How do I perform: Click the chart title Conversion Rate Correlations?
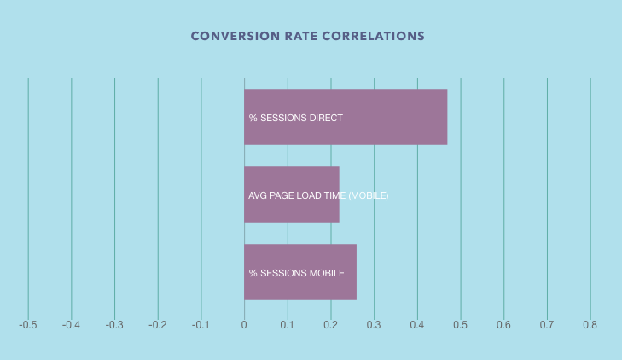click(308, 37)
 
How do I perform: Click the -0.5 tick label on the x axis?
click(28, 325)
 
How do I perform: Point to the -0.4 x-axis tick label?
click(71, 325)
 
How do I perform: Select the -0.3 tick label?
click(114, 325)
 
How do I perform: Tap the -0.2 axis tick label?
click(158, 325)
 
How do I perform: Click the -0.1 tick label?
click(201, 325)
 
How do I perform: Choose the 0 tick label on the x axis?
click(244, 325)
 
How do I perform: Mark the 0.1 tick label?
click(288, 325)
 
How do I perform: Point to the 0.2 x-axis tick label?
click(331, 325)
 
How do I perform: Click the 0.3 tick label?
click(374, 325)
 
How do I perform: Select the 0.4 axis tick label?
click(417, 325)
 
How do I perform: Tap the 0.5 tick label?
click(461, 325)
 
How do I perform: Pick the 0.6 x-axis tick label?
click(503, 325)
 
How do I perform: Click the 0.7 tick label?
click(547, 325)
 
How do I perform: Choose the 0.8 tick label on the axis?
click(590, 325)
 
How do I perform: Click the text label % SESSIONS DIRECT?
click(296, 118)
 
